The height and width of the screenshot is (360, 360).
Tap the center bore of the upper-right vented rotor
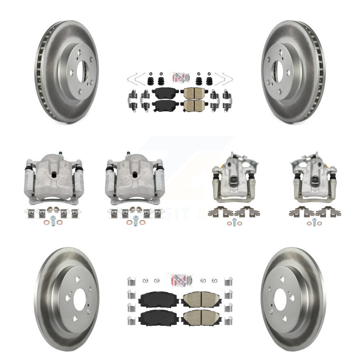pyautogui.click(x=277, y=71)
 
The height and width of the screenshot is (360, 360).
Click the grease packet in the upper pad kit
pyautogui.click(x=179, y=78)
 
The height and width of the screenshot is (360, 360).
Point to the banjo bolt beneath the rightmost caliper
pyautogui.click(x=314, y=221)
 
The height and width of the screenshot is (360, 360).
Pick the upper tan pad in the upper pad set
pyautogui.click(x=193, y=94)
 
